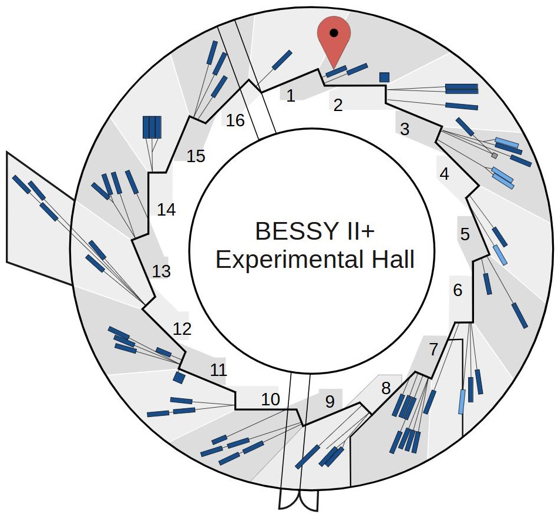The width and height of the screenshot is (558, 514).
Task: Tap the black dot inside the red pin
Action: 334,33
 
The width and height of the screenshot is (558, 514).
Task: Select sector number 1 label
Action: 290,96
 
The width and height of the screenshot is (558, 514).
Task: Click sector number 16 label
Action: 235,120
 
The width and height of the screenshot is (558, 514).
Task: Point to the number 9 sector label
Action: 330,402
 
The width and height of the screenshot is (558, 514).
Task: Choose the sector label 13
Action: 162,271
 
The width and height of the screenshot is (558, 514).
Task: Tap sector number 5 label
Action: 465,235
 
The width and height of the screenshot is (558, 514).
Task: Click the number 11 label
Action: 219,370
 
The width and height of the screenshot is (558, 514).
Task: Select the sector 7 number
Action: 433,350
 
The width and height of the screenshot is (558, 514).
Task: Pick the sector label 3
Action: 404,130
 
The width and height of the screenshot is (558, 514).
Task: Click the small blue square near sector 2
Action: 385,76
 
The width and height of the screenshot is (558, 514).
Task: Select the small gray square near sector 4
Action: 495,156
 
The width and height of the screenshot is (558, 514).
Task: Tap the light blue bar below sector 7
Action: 462,402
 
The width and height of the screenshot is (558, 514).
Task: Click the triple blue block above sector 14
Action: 152,127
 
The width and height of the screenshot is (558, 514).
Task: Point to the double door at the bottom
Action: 299,501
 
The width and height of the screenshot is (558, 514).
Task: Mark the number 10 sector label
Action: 270,399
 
